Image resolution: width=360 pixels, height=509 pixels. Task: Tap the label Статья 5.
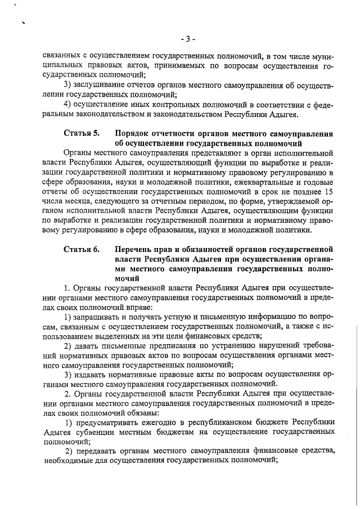[x=81, y=133]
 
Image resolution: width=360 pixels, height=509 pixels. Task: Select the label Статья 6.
[x=81, y=248]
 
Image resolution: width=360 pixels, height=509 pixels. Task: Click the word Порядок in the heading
[x=134, y=133]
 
